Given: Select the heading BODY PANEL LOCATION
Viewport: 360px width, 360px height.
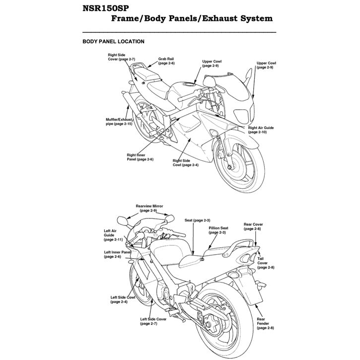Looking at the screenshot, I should pyautogui.click(x=113, y=42).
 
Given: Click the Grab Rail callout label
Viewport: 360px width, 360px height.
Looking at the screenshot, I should pyautogui.click(x=166, y=61).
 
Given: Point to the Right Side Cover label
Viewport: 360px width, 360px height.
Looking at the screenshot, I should pyautogui.click(x=121, y=56).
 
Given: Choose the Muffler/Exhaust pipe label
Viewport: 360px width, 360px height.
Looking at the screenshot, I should pyautogui.click(x=119, y=122).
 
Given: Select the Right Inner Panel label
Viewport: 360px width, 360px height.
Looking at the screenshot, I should pyautogui.click(x=140, y=157).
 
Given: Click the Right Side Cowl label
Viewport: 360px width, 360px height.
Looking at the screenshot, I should pyautogui.click(x=185, y=162).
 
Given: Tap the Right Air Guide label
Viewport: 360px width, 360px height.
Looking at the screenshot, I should pyautogui.click(x=261, y=130).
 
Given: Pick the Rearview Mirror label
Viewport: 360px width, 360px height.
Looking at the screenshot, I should pyautogui.click(x=149, y=208).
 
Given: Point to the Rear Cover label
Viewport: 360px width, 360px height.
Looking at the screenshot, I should pyautogui.click(x=253, y=226).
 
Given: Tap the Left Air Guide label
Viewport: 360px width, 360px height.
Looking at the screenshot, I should pyautogui.click(x=112, y=235).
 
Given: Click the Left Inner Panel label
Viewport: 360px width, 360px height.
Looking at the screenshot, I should pyautogui.click(x=117, y=254).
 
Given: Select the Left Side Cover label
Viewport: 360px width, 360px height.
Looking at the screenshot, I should pyautogui.click(x=153, y=321).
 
